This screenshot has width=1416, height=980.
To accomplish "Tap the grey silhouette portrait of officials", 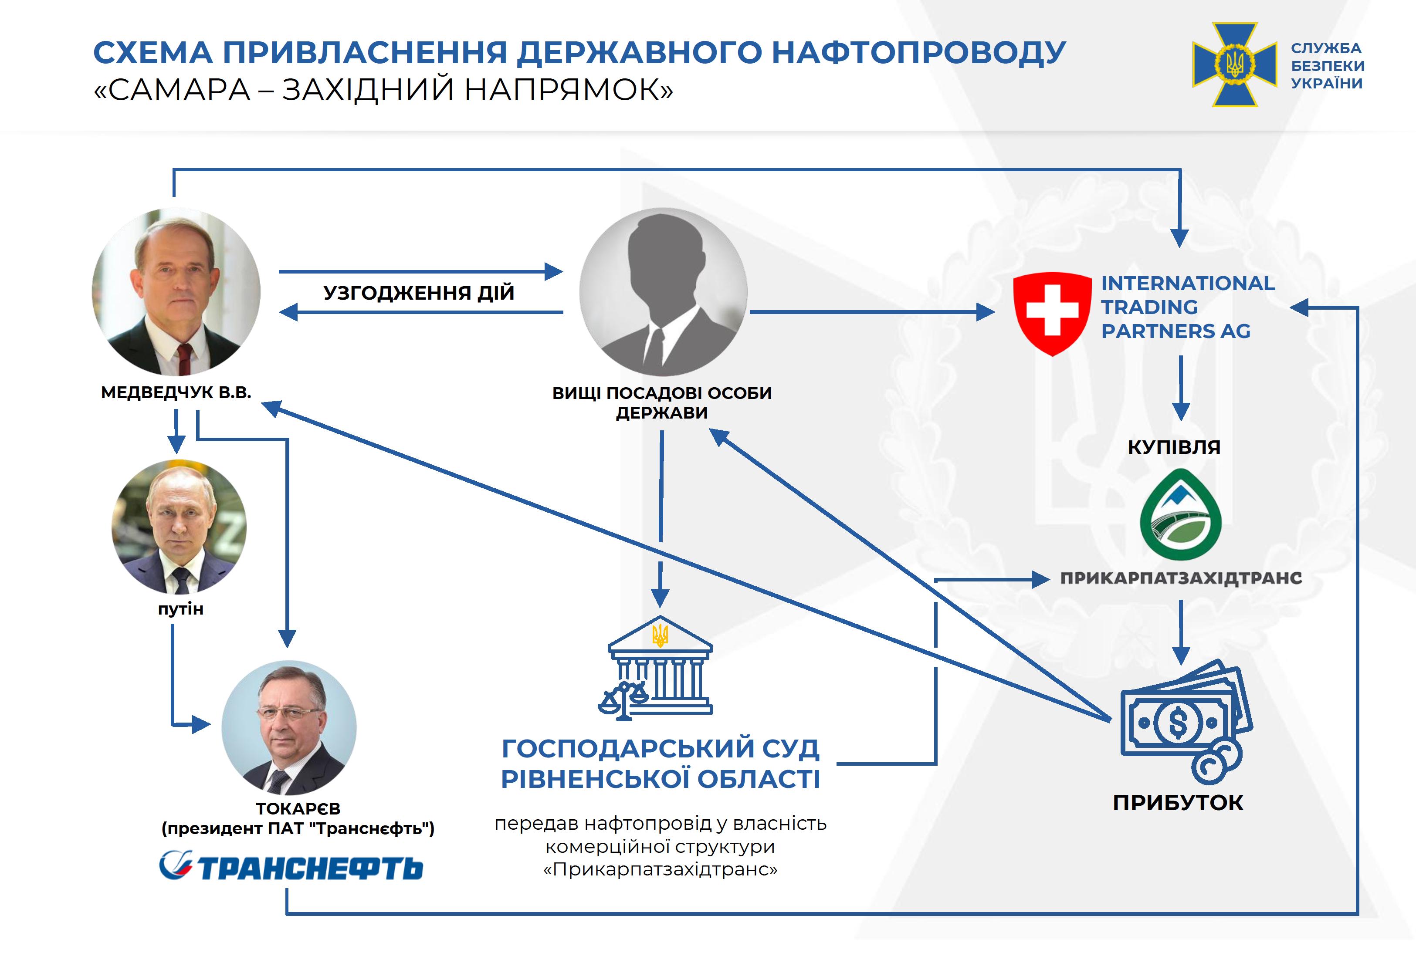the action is pos(663,292).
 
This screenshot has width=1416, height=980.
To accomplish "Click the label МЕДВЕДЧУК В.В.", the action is pos(176,392).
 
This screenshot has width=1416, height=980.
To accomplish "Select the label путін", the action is pos(180,609).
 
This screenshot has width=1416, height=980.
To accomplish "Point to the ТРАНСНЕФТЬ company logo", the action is pos(291,866).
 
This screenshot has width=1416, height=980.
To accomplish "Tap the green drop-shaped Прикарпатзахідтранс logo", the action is pos(1180,514).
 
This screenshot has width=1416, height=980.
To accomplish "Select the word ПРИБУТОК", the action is pos(1178,803).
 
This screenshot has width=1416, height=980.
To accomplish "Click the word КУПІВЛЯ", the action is pos(1174,447).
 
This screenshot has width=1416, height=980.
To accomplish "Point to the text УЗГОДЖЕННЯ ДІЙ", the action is pos(419,293).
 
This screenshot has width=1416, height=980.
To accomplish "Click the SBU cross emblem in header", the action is pos(1234,64).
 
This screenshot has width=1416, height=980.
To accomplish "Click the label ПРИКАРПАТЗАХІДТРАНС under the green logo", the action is pos(1181,578).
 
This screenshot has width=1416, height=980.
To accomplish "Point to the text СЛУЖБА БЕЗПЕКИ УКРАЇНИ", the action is pos(1328,66).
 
